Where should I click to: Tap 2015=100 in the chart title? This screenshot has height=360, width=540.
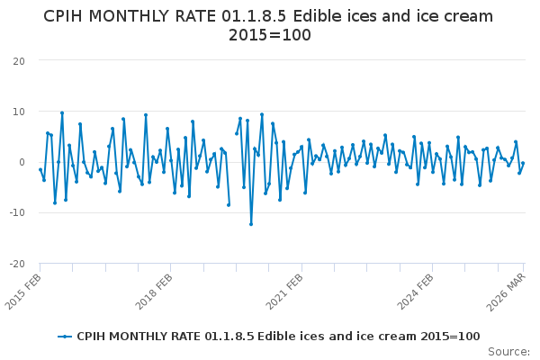tap(269, 36)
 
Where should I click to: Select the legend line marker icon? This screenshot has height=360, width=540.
tap(65, 337)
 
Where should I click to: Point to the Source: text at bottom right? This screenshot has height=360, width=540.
tap(509, 351)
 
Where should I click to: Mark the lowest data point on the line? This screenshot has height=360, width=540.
tap(251, 224)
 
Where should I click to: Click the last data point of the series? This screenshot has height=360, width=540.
tap(523, 164)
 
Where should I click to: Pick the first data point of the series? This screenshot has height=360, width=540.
tap(40, 169)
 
